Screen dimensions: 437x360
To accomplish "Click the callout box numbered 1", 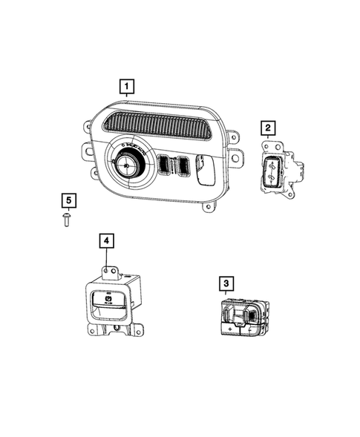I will (127, 87).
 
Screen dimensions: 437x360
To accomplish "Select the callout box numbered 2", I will (267, 130).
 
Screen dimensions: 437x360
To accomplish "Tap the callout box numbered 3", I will (225, 283).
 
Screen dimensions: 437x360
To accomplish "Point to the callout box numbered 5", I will (68, 200).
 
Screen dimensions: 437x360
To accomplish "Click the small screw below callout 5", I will (68, 219).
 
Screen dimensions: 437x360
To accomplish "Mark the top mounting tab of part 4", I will (108, 272).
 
